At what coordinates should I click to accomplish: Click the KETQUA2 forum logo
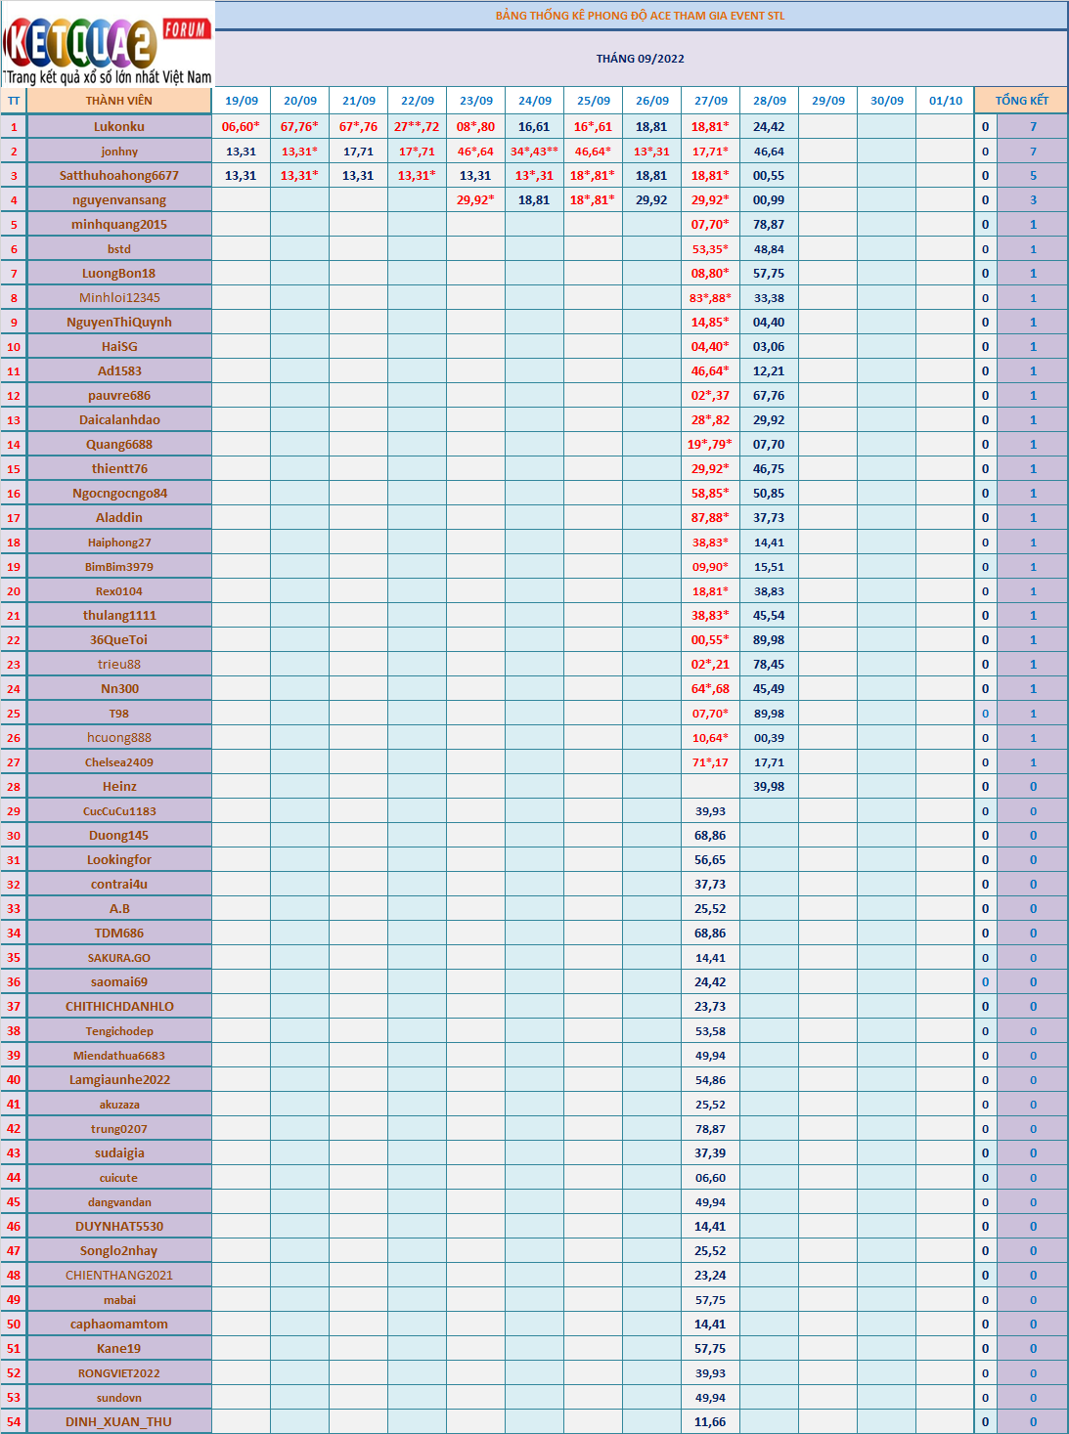pos(108,44)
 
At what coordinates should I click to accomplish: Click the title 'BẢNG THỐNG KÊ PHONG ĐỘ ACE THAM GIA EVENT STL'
pos(640,16)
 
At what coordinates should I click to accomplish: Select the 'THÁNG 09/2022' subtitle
pos(640,59)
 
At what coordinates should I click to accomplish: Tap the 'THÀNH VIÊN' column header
pos(118,101)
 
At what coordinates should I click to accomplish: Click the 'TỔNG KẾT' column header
pos(1021,101)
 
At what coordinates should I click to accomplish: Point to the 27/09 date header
pos(711,101)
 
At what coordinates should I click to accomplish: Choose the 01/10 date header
pos(945,101)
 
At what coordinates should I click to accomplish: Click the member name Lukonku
pos(119,126)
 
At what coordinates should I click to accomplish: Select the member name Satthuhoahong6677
pos(119,176)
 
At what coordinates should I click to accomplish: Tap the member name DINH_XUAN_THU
pos(118,1422)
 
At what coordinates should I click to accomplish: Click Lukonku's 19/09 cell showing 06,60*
pos(241,126)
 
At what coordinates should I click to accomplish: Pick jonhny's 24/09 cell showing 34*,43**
pos(534,152)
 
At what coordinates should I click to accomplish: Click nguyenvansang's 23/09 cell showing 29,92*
pos(475,200)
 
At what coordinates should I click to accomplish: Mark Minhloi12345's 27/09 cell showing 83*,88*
pos(710,298)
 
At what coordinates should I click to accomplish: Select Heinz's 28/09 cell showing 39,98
pos(769,787)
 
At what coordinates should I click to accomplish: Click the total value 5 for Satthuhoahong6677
pos(1033,176)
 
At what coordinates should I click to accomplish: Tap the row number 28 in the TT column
pos(14,787)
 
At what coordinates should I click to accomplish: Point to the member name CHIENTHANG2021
pos(119,1276)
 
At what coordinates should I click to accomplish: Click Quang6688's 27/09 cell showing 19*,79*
pos(710,445)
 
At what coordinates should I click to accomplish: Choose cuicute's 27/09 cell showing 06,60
pos(710,1178)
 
